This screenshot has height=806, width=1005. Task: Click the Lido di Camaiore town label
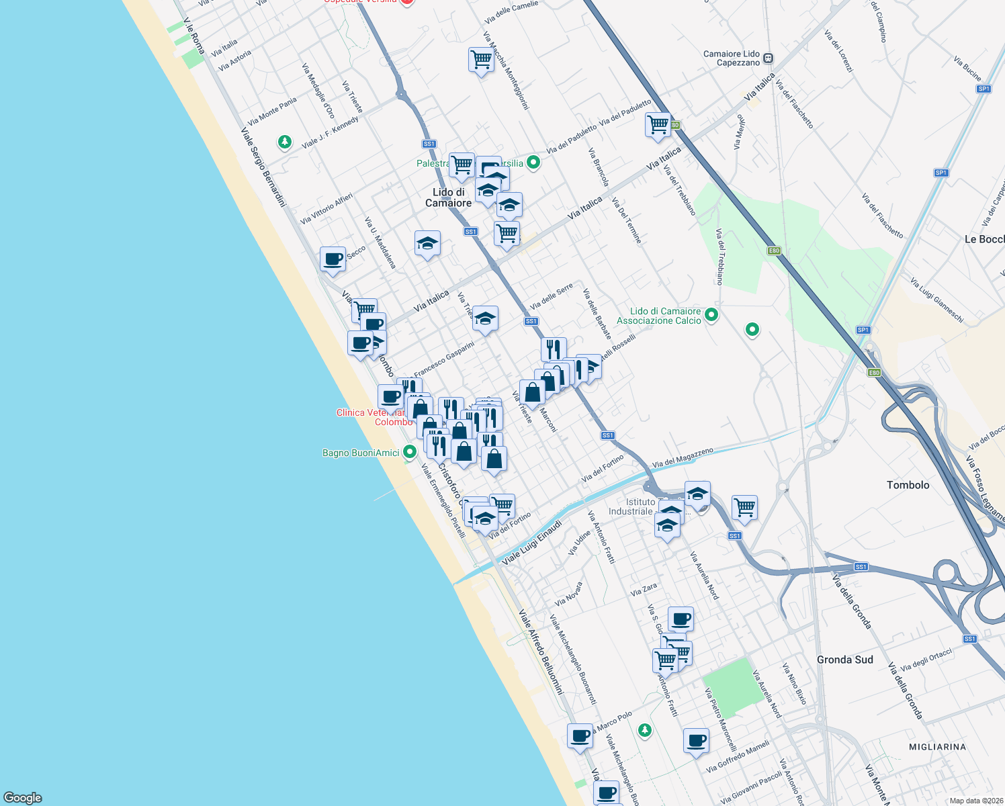pos(448,197)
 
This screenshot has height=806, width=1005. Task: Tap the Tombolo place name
pos(908,485)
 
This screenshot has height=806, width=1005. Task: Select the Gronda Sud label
pos(844,660)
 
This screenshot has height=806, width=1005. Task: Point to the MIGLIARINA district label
pos(937,747)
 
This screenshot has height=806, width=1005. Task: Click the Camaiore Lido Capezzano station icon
pos(768,58)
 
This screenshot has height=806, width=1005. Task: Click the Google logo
pos(23,797)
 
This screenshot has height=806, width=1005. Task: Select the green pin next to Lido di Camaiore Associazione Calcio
pos(711,314)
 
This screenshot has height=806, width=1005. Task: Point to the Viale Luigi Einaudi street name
pos(531,542)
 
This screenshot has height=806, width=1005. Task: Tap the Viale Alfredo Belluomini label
pos(541,652)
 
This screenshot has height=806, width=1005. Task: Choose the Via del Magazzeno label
pos(682,458)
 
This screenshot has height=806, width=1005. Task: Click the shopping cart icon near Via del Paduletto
pos(658,124)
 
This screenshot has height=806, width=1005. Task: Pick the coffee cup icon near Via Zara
pos(681,618)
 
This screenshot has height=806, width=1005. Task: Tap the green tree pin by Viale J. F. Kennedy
pos(285,142)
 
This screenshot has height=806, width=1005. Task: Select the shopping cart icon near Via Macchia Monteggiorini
pos(481,60)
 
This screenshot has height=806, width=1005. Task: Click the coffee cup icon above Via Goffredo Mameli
pos(697,740)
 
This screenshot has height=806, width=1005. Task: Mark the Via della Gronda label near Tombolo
pos(851,602)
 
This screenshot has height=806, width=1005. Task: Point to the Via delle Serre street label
pos(551,296)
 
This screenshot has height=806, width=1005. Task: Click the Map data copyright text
pos(976,801)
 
